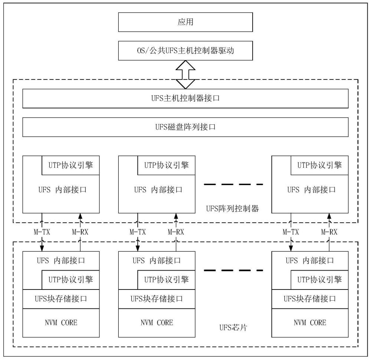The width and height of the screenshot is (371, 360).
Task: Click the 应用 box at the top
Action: pyautogui.click(x=185, y=22)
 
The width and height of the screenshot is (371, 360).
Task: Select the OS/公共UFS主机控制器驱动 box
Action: pyautogui.click(x=185, y=51)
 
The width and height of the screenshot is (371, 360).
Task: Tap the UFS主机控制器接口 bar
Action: pyautogui.click(x=185, y=98)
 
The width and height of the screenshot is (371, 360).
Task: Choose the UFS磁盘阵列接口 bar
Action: pyautogui.click(x=185, y=127)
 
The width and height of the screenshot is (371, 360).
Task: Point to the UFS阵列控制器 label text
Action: pyautogui.click(x=232, y=209)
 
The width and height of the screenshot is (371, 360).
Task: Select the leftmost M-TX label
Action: pyautogui.click(x=42, y=232)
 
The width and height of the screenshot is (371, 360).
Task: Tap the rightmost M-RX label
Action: pyautogui.click(x=329, y=232)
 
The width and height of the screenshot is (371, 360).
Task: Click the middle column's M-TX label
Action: pyautogui.click(x=138, y=232)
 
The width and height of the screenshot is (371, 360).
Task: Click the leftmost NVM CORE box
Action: pyautogui.click(x=61, y=323)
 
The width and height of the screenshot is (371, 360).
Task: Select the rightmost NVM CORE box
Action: pyautogui.click(x=310, y=323)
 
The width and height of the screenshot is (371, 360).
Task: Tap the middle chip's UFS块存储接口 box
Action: pyautogui.click(x=157, y=298)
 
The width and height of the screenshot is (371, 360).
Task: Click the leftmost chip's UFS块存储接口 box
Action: pyautogui.click(x=61, y=298)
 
